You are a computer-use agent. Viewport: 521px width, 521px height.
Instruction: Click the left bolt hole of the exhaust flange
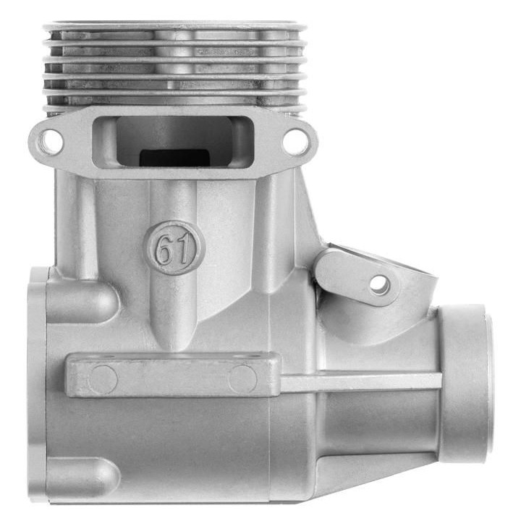coord(51,143)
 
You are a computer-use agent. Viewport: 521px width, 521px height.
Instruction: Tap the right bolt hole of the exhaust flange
coord(295,142)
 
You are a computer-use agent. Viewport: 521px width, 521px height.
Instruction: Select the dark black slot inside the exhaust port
coord(174,158)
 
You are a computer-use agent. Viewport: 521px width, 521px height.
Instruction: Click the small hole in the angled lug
coord(380,285)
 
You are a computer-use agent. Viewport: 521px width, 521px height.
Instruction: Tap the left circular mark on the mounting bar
coord(103,379)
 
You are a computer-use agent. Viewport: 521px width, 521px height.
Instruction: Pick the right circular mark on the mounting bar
coord(243,378)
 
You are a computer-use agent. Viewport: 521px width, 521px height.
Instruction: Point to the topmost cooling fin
coord(175,27)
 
